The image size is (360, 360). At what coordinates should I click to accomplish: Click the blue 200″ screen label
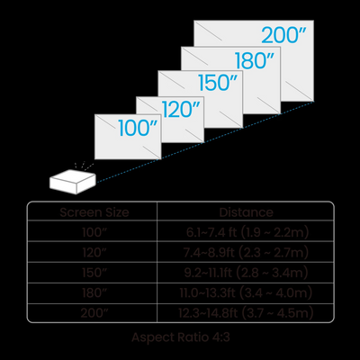point(283,35)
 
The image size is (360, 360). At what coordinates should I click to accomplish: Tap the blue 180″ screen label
point(255,60)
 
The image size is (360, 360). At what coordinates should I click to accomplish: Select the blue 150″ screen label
point(218,83)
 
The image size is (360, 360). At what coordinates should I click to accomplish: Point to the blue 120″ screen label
point(181,109)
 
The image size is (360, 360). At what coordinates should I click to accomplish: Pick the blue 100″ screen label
point(138,128)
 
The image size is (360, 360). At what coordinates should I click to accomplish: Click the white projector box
point(73,182)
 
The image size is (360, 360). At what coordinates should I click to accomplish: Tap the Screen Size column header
point(94,212)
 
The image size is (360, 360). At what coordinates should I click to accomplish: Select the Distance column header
point(246,212)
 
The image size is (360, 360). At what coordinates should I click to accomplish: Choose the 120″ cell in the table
point(94,253)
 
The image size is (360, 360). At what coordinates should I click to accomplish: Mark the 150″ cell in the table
point(94,273)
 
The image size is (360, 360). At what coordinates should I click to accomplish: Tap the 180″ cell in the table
point(94,292)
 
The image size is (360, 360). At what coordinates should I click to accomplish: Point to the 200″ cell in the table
point(94,313)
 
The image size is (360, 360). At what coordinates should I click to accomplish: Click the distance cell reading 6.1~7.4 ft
point(247,232)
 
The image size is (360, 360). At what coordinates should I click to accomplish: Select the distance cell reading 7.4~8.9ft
point(246,253)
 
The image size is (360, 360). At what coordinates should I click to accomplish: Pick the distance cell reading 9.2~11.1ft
point(246,273)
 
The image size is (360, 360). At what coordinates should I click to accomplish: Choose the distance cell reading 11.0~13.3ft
point(246,292)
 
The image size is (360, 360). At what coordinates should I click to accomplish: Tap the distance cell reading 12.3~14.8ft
point(246,313)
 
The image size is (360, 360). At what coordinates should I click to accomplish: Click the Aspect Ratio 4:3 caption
point(181,337)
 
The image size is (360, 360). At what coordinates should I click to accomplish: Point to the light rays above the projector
point(84,166)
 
